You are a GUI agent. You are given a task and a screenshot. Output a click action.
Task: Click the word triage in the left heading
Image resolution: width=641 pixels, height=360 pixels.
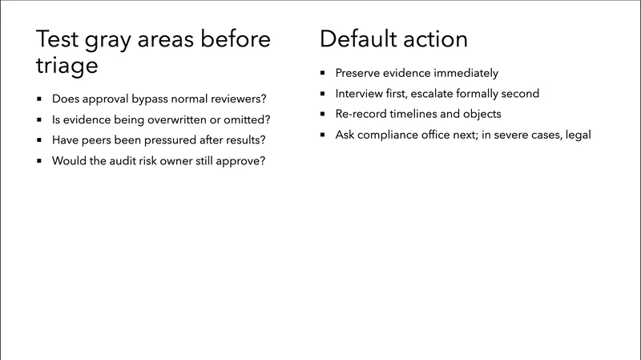click(x=68, y=66)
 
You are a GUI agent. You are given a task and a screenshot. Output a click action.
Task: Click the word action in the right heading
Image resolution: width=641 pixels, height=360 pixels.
click(x=437, y=38)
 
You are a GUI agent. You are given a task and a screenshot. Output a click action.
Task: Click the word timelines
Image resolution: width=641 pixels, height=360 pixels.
click(x=421, y=114)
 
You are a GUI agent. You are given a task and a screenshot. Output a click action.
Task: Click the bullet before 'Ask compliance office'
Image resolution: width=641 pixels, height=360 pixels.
click(x=323, y=135)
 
